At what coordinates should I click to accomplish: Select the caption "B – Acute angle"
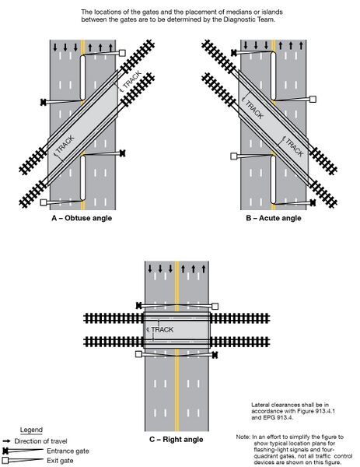pos(268,219)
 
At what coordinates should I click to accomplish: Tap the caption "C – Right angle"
pos(176,439)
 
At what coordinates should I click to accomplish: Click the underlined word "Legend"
pos(31,430)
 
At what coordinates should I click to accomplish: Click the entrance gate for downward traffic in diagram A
pos(42,102)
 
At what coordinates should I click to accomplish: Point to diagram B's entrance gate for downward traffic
pos(234,53)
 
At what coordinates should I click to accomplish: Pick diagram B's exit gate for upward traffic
pos(313,99)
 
